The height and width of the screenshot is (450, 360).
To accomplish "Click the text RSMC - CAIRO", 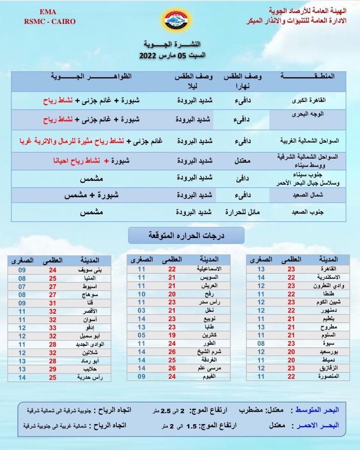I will pos(49,22).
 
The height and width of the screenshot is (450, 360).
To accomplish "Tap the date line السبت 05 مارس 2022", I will pos(172,56).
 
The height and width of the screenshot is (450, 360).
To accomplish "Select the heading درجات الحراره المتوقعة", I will pos(186,235).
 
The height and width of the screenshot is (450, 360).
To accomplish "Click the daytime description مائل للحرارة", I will pos(242,212).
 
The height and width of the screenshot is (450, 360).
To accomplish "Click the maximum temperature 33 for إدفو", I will pos(52,328).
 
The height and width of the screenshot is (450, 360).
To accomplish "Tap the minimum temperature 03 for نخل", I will pos(141,311).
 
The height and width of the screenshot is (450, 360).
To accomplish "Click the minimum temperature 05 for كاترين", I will pos(141,336).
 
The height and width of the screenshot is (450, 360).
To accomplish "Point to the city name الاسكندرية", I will pos(326,277).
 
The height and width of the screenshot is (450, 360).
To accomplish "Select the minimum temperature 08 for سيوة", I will pos(261,343).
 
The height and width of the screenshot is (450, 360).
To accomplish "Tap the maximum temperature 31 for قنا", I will pos(52,303).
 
